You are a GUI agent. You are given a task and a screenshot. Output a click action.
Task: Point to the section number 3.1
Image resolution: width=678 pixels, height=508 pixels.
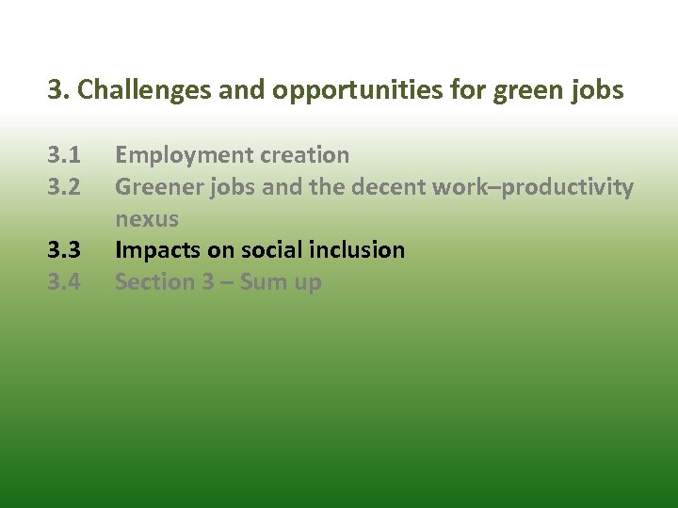pos(64,155)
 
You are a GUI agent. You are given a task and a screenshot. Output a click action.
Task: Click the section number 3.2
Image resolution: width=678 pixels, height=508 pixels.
pos(64,187)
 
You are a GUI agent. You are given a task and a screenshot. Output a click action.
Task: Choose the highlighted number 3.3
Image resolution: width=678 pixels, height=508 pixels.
pos(64,250)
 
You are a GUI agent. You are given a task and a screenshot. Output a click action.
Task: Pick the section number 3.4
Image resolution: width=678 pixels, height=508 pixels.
pos(64,282)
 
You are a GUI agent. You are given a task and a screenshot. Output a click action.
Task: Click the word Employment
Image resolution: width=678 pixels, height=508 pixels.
pos(173,155)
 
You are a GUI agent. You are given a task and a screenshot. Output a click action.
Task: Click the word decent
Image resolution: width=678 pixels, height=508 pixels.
pos(387,187)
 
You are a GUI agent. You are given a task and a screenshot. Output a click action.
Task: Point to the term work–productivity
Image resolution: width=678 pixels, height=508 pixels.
pos(532,187)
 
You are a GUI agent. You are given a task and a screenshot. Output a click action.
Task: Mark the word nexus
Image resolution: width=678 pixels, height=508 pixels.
pos(147,219)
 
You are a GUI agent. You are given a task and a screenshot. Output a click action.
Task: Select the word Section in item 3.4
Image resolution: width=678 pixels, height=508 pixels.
pos(152,282)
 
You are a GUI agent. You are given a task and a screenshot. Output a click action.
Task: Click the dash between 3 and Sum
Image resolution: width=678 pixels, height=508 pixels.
pos(227,283)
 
